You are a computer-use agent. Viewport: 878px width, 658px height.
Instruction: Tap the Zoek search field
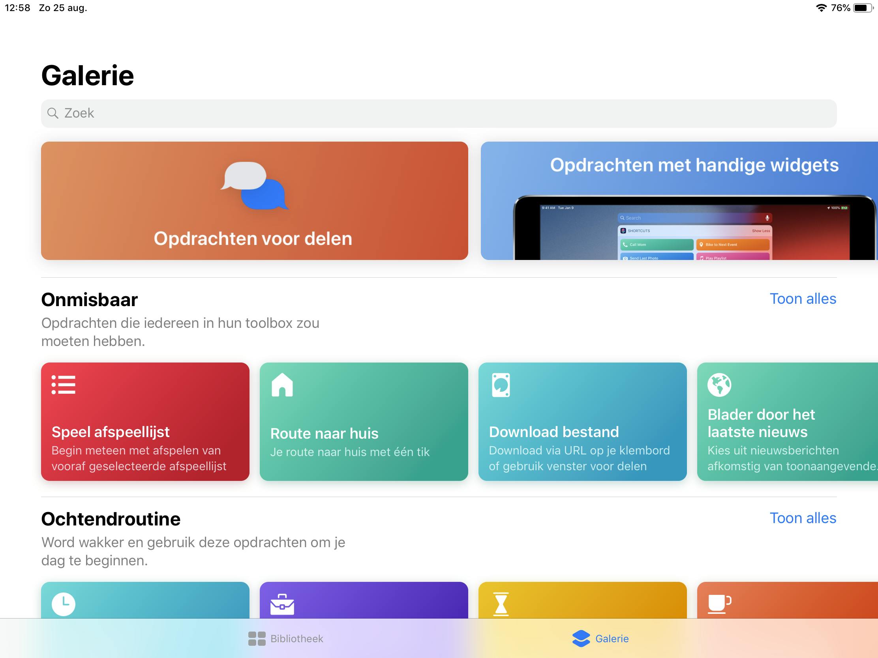439,114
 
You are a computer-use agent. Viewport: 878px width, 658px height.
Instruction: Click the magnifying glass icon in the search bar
53,114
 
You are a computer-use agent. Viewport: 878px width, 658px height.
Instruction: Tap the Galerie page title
88,75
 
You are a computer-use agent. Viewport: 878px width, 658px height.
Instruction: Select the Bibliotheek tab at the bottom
285,639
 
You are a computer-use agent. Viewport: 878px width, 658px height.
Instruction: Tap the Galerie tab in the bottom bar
600,639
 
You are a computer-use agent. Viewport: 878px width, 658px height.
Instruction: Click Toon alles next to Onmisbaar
803,299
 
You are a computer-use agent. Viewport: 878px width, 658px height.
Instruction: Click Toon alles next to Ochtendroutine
803,518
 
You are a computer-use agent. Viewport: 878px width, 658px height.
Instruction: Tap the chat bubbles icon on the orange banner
255,185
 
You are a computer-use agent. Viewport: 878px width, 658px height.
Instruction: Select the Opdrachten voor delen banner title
253,239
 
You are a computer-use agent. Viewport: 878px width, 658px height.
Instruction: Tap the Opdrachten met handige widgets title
694,165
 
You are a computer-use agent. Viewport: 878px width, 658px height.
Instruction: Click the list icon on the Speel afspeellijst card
64,385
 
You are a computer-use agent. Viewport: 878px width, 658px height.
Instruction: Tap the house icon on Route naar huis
282,385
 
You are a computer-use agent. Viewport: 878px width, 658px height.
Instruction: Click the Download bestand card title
554,432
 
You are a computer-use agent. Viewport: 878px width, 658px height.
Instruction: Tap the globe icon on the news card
719,385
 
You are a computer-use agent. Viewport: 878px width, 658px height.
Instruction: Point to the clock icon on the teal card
64,604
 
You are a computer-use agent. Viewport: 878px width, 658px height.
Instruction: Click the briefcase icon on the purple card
282,604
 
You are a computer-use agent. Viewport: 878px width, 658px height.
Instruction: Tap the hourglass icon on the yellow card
501,604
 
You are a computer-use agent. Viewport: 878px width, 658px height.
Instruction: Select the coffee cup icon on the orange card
720,604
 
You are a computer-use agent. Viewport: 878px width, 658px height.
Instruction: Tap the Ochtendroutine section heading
111,519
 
